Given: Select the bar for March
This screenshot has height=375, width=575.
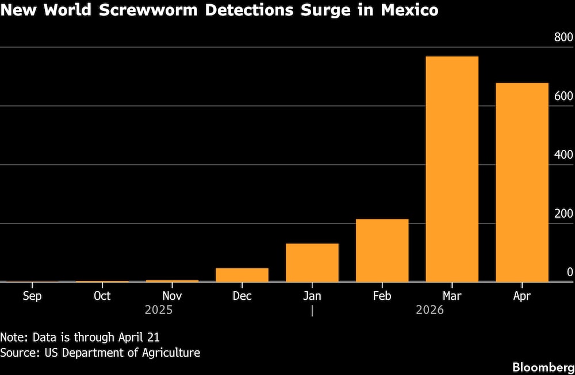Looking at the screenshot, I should click(x=452, y=169).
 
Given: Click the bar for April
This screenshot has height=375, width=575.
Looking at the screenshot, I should click(x=522, y=182).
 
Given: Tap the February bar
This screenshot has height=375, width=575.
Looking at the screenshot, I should click(x=382, y=250).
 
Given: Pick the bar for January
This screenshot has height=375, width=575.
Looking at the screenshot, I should click(x=312, y=262).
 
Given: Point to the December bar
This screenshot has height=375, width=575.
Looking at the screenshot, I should click(x=242, y=275).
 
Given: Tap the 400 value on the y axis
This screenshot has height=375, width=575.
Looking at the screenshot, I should click(x=563, y=154).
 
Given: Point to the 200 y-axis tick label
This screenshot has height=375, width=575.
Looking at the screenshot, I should click(x=563, y=214).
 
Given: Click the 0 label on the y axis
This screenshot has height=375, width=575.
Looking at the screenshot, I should click(x=570, y=272).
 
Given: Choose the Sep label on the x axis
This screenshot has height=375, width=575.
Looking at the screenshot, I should click(x=32, y=296).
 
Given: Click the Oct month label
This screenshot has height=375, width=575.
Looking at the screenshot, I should click(x=102, y=296).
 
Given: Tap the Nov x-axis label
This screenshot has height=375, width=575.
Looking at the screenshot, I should click(x=172, y=296).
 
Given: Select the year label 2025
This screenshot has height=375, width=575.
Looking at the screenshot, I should click(x=159, y=310).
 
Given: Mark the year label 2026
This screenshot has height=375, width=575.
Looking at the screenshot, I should click(x=430, y=310).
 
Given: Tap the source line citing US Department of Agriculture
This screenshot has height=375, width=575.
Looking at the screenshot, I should click(x=100, y=353).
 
